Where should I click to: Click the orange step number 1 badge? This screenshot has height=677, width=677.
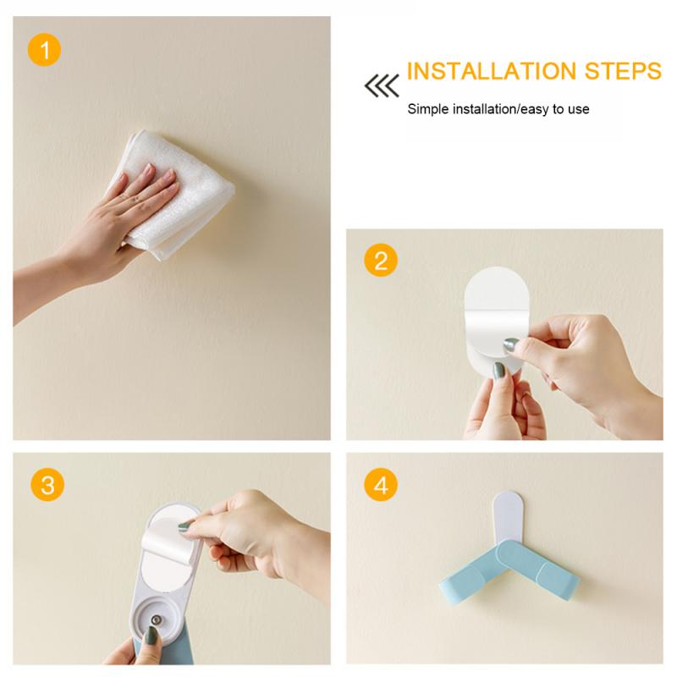point(45,50)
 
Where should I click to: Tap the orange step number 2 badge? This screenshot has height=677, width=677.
point(381,261)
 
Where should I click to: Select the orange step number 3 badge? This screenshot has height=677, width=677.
point(47,484)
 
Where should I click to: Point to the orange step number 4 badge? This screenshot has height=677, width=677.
point(381,484)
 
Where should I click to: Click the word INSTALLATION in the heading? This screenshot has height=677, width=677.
point(492,71)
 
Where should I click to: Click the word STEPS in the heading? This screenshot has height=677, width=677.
point(623,71)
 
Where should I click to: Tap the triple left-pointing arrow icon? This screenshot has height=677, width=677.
point(382,85)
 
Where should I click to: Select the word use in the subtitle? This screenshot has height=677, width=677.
point(579,109)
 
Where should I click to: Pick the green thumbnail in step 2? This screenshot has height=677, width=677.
point(498,370)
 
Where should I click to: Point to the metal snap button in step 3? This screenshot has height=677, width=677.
point(156,621)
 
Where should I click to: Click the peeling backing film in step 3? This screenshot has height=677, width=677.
point(168,540)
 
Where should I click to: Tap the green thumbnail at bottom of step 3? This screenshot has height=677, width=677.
point(151,636)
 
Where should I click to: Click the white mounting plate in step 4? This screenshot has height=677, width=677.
point(509,517)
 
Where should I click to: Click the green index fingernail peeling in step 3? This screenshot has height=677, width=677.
point(184,526)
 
